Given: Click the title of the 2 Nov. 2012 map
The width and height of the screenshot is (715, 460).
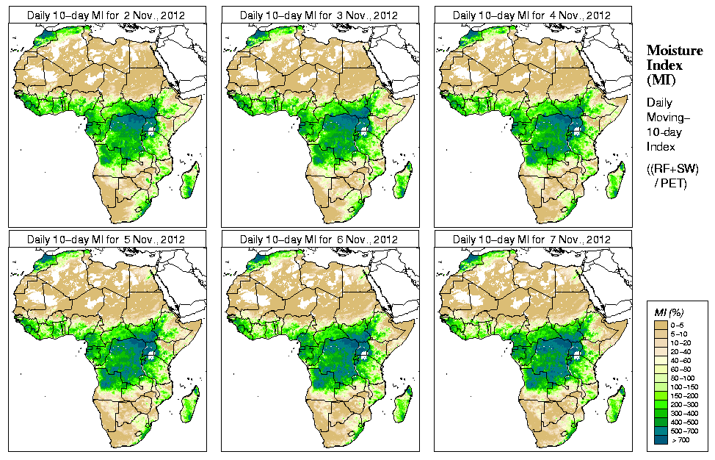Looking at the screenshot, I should pyautogui.click(x=106, y=15).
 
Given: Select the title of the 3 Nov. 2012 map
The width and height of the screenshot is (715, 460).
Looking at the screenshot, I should pyautogui.click(x=319, y=15).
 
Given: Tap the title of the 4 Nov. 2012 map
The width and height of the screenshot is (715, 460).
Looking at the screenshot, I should pyautogui.click(x=532, y=15).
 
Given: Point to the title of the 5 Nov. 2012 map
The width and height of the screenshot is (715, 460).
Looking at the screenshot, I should pyautogui.click(x=106, y=240).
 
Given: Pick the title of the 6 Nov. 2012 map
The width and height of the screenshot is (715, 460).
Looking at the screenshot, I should pyautogui.click(x=319, y=240).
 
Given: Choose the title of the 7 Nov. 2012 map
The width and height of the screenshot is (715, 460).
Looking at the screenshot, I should pyautogui.click(x=532, y=240).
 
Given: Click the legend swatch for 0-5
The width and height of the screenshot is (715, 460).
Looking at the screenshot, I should pyautogui.click(x=660, y=324).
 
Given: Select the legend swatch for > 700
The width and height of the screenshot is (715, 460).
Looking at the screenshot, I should pyautogui.click(x=660, y=439).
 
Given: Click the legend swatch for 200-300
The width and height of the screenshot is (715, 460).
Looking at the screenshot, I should pyautogui.click(x=660, y=403).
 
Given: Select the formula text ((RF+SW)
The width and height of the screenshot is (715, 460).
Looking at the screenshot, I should pyautogui.click(x=672, y=169).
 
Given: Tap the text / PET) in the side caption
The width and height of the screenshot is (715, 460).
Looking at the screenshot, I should pyautogui.click(x=670, y=183).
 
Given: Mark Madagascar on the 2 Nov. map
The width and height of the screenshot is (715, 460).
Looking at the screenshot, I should pyautogui.click(x=190, y=180).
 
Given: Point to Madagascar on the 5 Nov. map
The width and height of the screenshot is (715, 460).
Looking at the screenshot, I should pyautogui.click(x=190, y=404).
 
